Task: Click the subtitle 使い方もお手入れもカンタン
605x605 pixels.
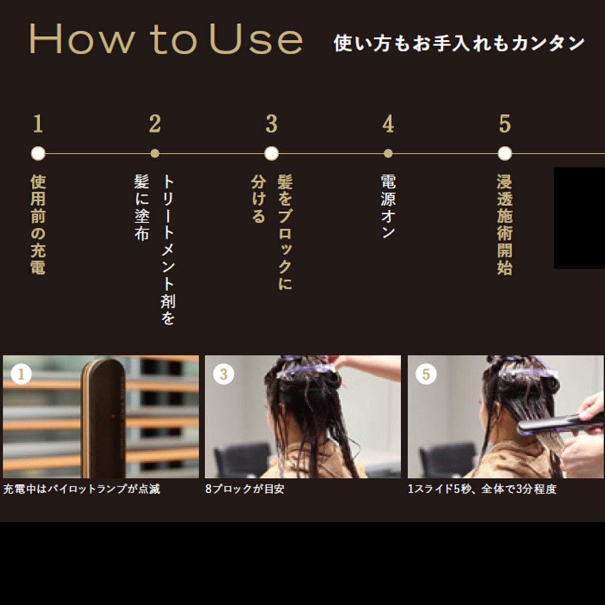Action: (x=459, y=43)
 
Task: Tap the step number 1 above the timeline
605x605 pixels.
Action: (x=38, y=124)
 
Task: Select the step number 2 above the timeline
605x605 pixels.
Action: (x=155, y=124)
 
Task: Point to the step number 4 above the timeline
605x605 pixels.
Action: (x=388, y=124)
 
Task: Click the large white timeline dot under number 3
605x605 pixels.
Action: (x=271, y=153)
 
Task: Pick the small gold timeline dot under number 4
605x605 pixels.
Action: (x=388, y=153)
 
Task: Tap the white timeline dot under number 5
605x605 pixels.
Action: (x=504, y=153)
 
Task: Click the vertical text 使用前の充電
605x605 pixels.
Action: (x=38, y=224)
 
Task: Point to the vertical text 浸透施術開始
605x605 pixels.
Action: (x=504, y=224)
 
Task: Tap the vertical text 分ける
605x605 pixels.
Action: (x=258, y=199)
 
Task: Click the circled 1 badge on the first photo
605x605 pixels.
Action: (x=21, y=374)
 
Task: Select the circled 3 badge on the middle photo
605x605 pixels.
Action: (x=223, y=374)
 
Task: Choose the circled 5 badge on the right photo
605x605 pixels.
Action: (x=426, y=374)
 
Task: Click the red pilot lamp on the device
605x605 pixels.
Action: (x=112, y=416)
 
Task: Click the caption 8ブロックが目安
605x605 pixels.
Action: (x=245, y=489)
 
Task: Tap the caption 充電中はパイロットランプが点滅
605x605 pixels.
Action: (x=82, y=489)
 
